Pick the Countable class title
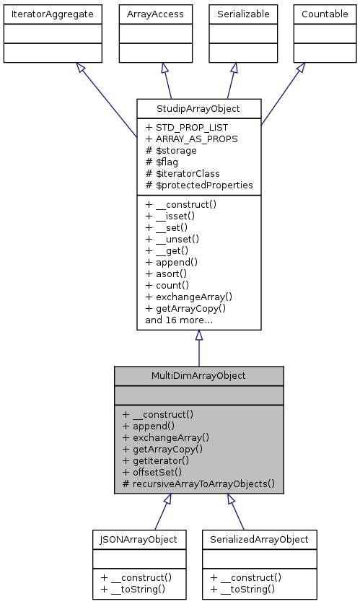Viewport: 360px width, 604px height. [x=324, y=14]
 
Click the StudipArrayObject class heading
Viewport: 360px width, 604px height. [x=198, y=109]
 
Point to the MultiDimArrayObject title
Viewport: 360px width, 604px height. [x=198, y=376]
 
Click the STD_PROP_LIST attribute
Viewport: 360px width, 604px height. [x=188, y=128]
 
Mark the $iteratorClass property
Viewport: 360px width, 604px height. [x=183, y=174]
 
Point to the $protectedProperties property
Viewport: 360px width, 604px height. [x=199, y=185]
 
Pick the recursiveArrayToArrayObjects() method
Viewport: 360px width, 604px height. [x=198, y=483]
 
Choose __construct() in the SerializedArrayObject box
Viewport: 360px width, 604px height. [x=246, y=577]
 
